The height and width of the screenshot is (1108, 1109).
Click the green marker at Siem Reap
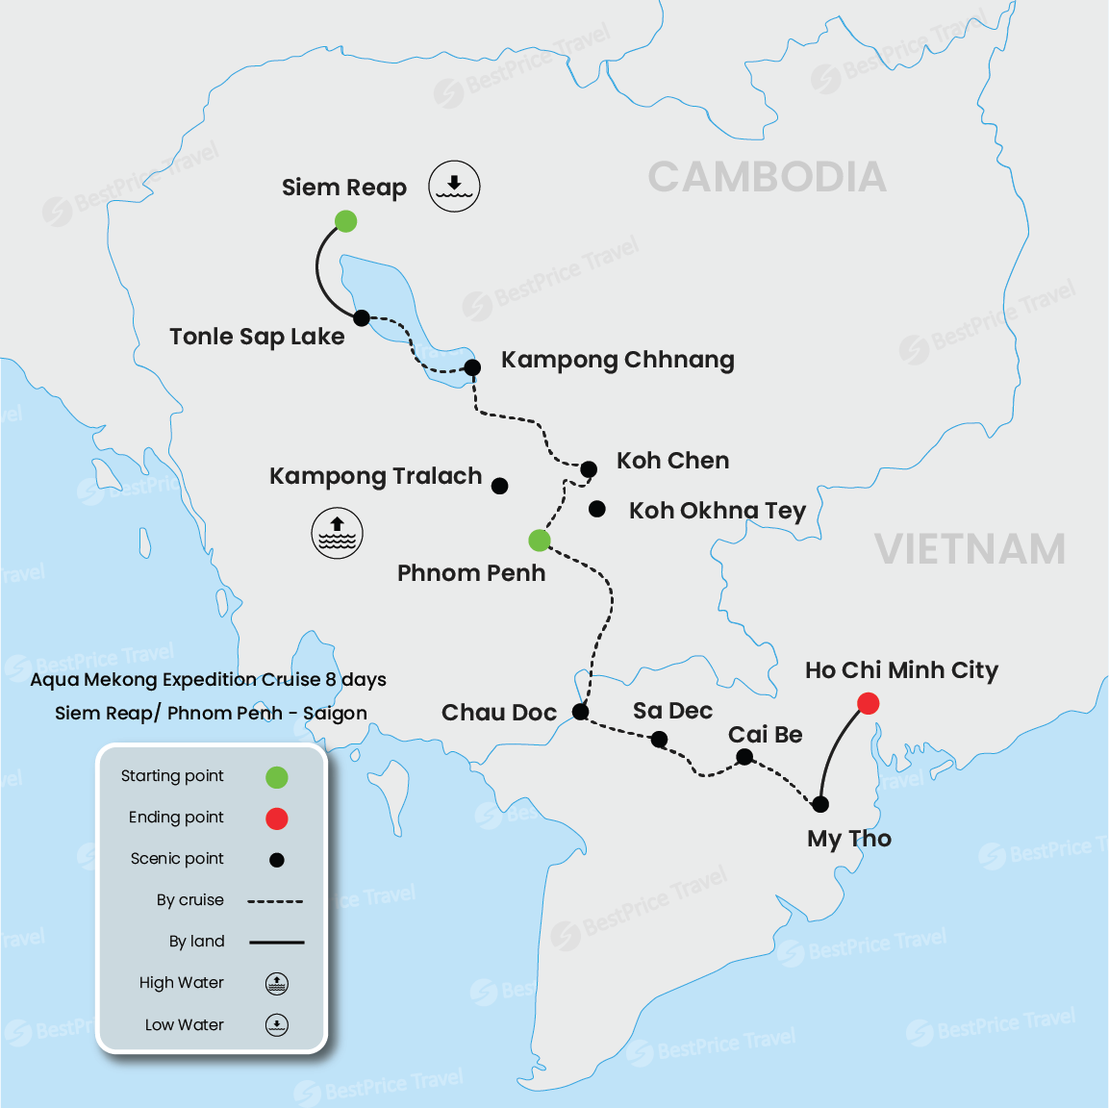click(345, 221)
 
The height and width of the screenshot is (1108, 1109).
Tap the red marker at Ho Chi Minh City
click(868, 704)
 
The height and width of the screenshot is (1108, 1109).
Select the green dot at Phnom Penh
click(540, 541)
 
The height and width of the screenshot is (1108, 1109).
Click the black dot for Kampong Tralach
click(500, 486)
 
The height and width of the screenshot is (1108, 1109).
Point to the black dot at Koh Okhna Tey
click(597, 509)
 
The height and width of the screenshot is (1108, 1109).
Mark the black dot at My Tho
click(820, 804)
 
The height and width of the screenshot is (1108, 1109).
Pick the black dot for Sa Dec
click(659, 739)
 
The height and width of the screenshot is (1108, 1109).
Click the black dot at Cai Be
click(744, 757)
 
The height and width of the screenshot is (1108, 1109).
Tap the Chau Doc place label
click(499, 713)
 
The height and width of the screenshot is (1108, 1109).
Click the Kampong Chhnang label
click(618, 360)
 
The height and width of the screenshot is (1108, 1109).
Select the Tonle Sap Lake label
click(257, 337)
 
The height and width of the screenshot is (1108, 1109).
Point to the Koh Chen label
click(672, 461)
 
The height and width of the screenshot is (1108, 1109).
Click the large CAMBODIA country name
click(767, 177)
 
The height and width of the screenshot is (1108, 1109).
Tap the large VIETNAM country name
click(970, 549)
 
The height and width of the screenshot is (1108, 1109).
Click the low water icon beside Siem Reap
click(454, 186)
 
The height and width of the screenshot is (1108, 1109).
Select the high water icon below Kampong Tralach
click(337, 533)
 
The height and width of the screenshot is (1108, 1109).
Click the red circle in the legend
click(277, 818)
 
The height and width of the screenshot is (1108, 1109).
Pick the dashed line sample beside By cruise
click(275, 901)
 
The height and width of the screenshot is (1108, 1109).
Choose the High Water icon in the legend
click(277, 983)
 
